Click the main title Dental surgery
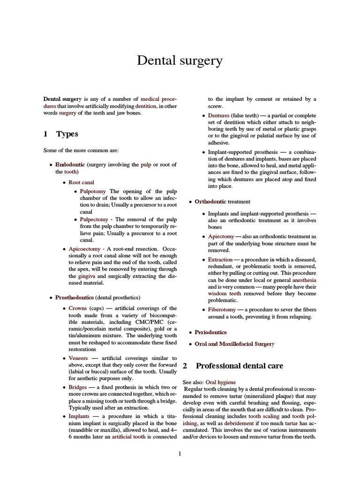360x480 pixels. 180,60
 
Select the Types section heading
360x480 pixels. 67,134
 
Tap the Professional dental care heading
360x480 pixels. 239,366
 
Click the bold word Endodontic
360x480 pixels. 70,165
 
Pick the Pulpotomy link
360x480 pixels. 94,191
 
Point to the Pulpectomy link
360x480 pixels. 94,219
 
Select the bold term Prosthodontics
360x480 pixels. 75,297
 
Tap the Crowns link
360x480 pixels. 78,308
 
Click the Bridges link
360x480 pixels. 78,387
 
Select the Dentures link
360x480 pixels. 219,115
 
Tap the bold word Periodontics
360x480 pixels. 210,332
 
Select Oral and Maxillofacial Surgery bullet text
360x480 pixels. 234,344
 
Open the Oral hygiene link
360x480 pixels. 221,382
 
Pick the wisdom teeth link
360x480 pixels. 225,293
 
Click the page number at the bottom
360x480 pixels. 180,453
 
